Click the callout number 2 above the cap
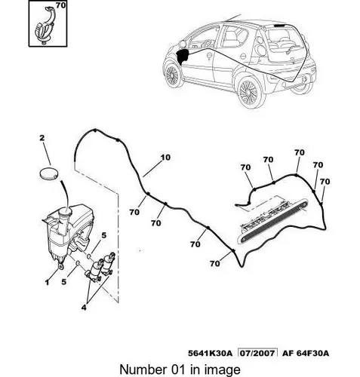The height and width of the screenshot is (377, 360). [x=42, y=138]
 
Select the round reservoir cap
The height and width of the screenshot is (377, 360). [x=48, y=173]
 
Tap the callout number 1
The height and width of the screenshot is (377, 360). [x=47, y=283]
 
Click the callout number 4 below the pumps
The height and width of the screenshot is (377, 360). [x=84, y=307]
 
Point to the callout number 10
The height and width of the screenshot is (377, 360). [x=165, y=158]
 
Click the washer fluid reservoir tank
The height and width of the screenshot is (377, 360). [x=68, y=232]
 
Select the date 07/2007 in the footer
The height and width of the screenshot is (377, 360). [x=257, y=353]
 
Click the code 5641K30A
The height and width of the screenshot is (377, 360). [x=210, y=353]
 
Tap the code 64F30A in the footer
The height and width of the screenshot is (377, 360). [x=312, y=353]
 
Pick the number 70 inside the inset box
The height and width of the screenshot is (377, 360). [x=60, y=5]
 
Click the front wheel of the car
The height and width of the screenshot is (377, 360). [x=173, y=75]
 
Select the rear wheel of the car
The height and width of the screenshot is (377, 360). [x=249, y=93]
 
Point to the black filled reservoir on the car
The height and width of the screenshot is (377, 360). [x=183, y=57]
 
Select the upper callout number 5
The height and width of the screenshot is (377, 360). [x=103, y=235]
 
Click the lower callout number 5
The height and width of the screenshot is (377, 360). [x=64, y=282]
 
